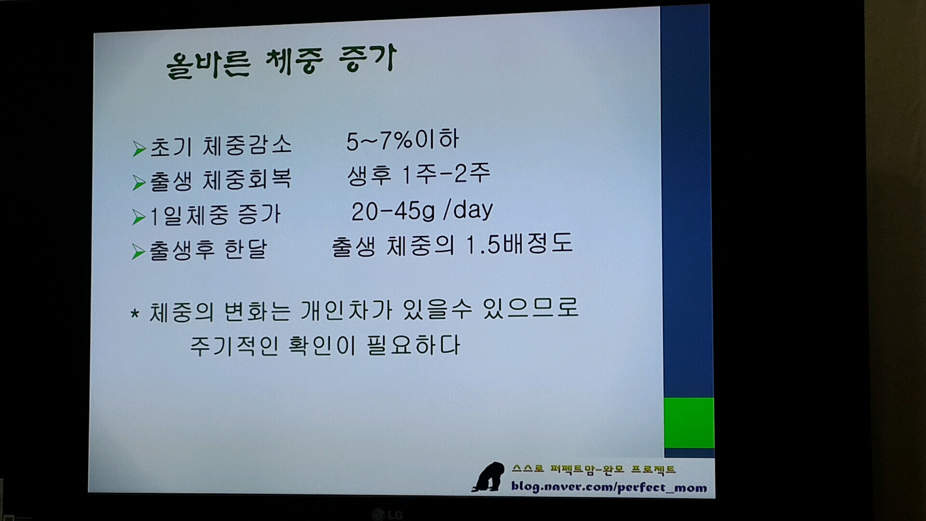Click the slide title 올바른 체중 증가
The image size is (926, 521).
coord(281,62)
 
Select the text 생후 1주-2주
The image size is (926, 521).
coord(419,174)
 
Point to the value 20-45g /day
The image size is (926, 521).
coord(422,210)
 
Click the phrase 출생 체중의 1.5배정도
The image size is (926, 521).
coord(452,246)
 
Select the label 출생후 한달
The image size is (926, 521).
coord(208,250)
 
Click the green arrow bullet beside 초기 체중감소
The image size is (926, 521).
coord(139,149)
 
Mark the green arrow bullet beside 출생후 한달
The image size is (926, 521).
coord(138,252)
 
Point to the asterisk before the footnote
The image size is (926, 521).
coord(135,314)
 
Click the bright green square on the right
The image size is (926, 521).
coord(689,423)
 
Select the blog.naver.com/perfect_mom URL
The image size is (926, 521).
coord(609,487)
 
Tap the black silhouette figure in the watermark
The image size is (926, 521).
coord(489,477)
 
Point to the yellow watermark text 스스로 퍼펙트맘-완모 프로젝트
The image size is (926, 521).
coord(594,469)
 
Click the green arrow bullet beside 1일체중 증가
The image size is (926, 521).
coord(139,217)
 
